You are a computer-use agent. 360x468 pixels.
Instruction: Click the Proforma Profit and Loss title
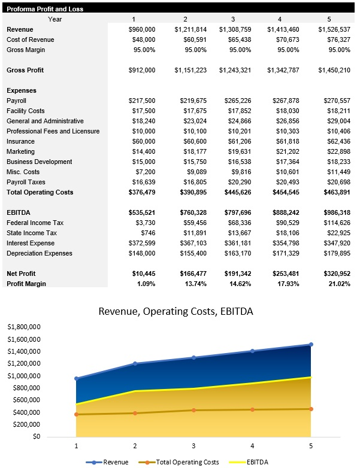[45, 9]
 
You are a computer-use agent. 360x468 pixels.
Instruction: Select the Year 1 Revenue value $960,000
[142, 29]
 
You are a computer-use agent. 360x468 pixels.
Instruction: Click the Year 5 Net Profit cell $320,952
[334, 273]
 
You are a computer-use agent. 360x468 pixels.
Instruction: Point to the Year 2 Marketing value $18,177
[193, 151]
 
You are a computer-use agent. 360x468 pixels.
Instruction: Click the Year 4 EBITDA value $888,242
[285, 212]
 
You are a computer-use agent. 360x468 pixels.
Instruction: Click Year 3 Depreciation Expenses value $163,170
[239, 253]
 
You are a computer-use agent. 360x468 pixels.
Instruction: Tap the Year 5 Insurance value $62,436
[336, 141]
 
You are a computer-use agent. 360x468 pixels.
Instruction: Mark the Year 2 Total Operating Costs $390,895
[193, 192]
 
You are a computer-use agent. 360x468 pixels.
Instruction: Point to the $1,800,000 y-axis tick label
[23, 327]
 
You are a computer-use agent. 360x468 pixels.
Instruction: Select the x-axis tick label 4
[252, 446]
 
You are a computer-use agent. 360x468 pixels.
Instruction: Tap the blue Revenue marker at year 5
[311, 344]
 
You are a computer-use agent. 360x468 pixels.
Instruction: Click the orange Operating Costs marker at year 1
[76, 414]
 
